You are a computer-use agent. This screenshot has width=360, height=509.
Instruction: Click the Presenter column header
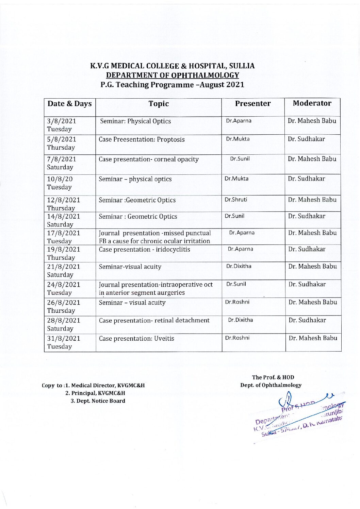pyautogui.click(x=253, y=104)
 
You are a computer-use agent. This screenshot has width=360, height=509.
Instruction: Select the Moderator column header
pyautogui.click(x=312, y=103)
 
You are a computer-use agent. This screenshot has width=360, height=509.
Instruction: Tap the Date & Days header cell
pyautogui.click(x=69, y=104)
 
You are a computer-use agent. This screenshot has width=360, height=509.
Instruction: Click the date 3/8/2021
pyautogui.click(x=62, y=121)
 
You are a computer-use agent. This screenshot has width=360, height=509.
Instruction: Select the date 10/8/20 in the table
pyautogui.click(x=60, y=179)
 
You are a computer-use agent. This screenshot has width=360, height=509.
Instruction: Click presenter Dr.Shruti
pyautogui.click(x=236, y=200)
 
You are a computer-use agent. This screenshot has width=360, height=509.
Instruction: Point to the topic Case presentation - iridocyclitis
pyautogui.click(x=144, y=249)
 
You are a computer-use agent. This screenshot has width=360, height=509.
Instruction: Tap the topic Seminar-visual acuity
pyautogui.click(x=130, y=267)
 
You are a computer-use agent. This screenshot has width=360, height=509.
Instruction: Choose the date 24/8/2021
pyautogui.click(x=64, y=284)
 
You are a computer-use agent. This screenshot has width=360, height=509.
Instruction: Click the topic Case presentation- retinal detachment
pyautogui.click(x=154, y=320)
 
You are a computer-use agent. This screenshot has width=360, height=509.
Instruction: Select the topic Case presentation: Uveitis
pyautogui.click(x=136, y=338)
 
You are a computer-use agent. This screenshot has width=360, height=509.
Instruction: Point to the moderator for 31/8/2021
pyautogui.click(x=313, y=338)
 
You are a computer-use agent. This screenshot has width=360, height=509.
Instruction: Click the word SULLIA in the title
pyautogui.click(x=242, y=66)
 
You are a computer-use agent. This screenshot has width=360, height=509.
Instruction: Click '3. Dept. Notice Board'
pyautogui.click(x=98, y=401)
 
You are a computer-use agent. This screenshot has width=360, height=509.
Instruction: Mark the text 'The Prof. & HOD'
pyautogui.click(x=273, y=377)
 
